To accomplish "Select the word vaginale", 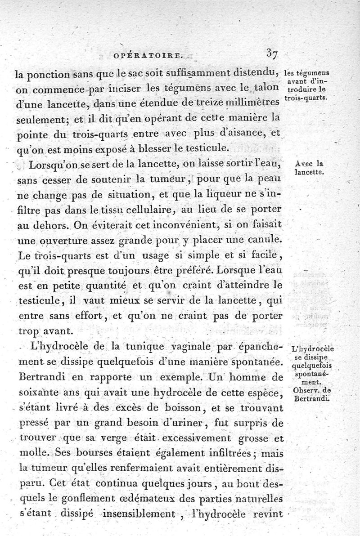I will point(185,348).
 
